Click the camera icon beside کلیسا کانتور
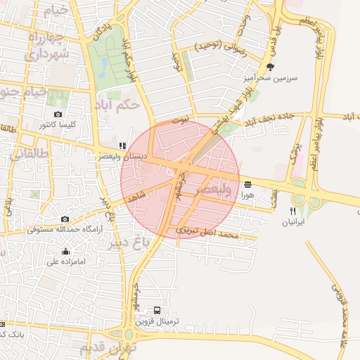click(x=58, y=114)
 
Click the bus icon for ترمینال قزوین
click(x=157, y=310)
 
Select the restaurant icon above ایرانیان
click(x=292, y=211)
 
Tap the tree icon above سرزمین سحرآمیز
click(x=271, y=67)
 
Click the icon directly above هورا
click(x=247, y=184)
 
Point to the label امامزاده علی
click(x=65, y=262)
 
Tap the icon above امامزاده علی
click(x=65, y=251)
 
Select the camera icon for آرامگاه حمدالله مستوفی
click(x=65, y=219)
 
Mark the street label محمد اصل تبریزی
click(x=207, y=232)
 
